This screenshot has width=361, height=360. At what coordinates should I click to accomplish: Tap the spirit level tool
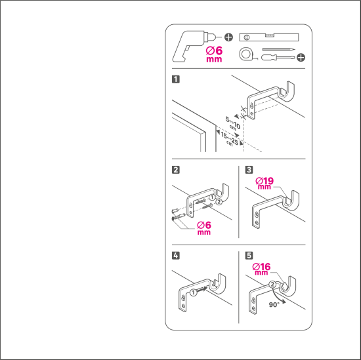[269, 37]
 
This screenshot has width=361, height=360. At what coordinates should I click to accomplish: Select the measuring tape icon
[245, 54]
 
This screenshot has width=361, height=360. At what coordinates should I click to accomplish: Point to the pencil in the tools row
[278, 49]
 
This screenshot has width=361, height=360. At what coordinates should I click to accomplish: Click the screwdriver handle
[268, 58]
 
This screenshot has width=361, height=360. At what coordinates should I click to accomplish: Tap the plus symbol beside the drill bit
[228, 37]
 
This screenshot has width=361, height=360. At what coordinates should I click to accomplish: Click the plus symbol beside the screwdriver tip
[301, 57]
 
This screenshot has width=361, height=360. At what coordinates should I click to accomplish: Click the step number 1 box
[176, 79]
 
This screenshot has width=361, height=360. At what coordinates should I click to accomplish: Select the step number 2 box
[176, 170]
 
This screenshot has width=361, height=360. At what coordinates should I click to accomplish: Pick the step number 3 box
[249, 170]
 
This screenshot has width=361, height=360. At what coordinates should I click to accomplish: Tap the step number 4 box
[176, 256]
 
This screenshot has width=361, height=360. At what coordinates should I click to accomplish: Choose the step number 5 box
[249, 256]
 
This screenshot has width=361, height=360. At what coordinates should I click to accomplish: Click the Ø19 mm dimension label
[265, 183]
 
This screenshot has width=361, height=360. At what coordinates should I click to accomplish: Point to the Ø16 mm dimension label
[261, 269]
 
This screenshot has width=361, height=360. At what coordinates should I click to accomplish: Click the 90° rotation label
[274, 304]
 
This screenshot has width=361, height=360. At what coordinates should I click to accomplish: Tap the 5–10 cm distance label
[233, 124]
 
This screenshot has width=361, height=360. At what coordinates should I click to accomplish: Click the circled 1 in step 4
[194, 292]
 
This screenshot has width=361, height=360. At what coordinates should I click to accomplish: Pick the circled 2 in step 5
[272, 285]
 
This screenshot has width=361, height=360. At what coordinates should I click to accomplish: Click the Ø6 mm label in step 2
[204, 228]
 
